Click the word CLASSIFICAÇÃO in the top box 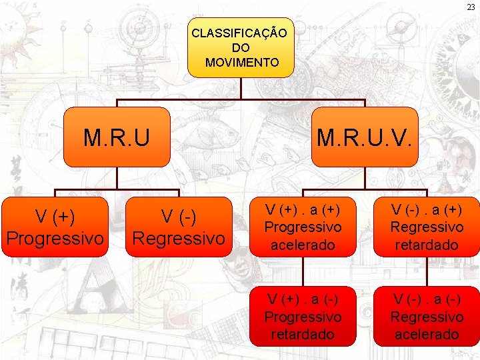[x=239, y=33]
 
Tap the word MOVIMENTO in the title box [x=242, y=62]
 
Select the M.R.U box [x=117, y=137]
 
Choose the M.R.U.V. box [x=365, y=137]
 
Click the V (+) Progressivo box [x=55, y=227]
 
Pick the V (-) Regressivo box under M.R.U [x=179, y=227]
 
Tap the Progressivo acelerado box [x=303, y=227]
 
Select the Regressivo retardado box [x=425, y=227]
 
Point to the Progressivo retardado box [x=303, y=316]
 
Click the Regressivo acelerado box [x=425, y=316]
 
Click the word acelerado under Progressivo [x=303, y=245]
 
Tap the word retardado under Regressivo [x=425, y=245]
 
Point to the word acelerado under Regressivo [x=425, y=334]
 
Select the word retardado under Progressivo [x=303, y=334]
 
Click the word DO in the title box [x=241, y=47]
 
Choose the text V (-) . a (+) [x=425, y=209]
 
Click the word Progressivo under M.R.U [x=55, y=237]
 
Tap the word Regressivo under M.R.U [x=179, y=237]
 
